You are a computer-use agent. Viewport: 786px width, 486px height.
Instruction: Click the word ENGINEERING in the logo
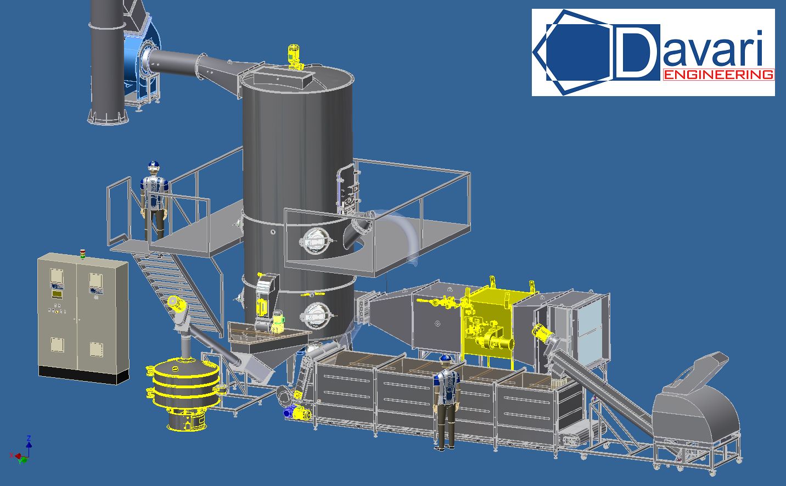pyautogui.click(x=718, y=75)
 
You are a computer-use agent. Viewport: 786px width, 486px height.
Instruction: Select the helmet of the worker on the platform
pyautogui.click(x=154, y=165)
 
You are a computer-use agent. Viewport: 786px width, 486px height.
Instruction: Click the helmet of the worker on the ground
pyautogui.click(x=446, y=358)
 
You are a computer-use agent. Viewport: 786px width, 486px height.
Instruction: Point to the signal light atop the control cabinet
pyautogui.click(x=83, y=254)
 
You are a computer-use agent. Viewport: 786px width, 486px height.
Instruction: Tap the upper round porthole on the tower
pyautogui.click(x=316, y=241)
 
